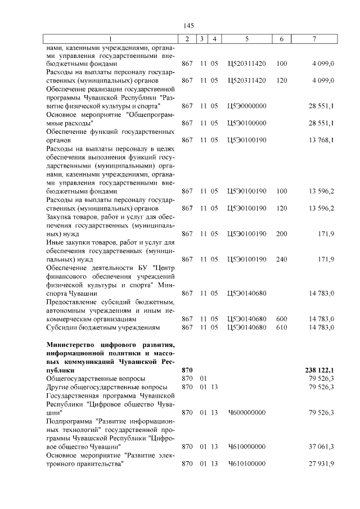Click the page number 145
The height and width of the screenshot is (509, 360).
tap(188, 26)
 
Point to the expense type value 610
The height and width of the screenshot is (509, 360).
tap(282, 327)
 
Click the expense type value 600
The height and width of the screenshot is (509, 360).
tap(282, 319)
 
